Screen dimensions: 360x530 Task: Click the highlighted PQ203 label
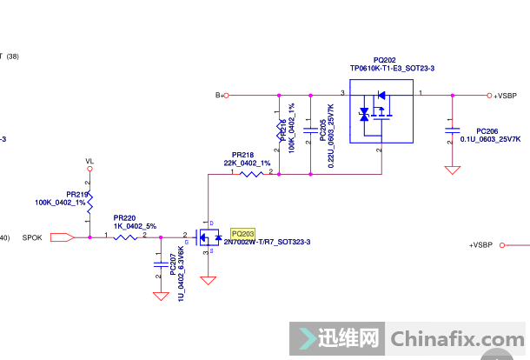coord(242,234)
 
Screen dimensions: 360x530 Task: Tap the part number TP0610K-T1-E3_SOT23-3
coord(392,68)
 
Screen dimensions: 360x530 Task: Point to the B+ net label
coord(219,95)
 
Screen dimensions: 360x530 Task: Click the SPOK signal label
coord(32,237)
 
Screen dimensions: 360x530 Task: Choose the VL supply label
coord(89,162)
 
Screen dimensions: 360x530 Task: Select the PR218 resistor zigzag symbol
coord(250,174)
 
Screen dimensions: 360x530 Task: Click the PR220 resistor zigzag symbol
coord(126,236)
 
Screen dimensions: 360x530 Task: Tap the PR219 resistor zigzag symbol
coord(89,201)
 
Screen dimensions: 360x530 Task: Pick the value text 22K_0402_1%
coord(248,163)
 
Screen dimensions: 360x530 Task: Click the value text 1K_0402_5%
coord(135,225)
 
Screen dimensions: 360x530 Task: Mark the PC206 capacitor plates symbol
coord(452,130)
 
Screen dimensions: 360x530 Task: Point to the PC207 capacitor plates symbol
coord(160,260)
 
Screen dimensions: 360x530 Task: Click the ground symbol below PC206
coord(452,170)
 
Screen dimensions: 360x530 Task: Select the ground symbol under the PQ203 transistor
coord(209,281)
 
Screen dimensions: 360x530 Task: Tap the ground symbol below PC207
coord(160,296)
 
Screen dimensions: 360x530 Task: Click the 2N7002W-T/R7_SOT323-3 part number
coord(267,242)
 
